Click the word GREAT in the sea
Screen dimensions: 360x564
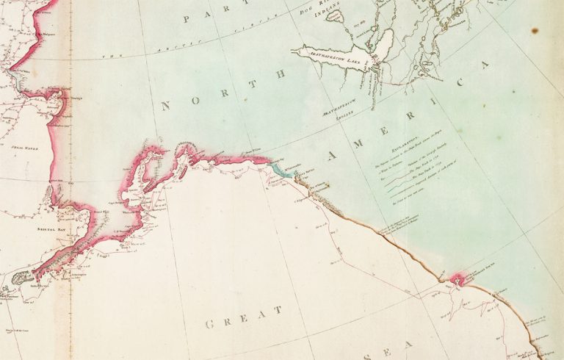tap(243, 317)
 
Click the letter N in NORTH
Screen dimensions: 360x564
tap(165, 106)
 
